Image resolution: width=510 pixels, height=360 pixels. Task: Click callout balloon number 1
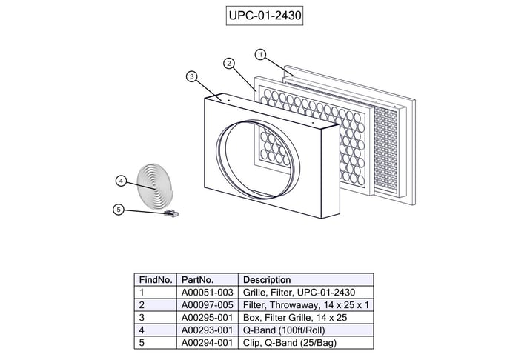260,54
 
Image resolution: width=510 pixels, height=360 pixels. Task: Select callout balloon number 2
229,64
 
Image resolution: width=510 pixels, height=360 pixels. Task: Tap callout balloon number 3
191,76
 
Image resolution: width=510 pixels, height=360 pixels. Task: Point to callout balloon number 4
122,181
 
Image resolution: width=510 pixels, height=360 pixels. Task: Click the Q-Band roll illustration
156,181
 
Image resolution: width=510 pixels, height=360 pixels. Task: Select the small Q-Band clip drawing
172,214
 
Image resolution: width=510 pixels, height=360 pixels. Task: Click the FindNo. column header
156,280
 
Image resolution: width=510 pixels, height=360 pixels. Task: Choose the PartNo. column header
198,280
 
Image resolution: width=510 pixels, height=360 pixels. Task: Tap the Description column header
267,280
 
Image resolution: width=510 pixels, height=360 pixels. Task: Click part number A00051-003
208,293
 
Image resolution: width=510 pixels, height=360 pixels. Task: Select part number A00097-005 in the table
208,305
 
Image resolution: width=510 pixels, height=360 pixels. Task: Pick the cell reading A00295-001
208,317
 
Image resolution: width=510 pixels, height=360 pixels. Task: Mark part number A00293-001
208,330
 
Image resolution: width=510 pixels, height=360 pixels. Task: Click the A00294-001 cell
208,342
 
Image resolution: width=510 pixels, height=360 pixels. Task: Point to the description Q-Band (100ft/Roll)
284,330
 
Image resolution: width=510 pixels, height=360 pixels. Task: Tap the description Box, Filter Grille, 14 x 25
295,317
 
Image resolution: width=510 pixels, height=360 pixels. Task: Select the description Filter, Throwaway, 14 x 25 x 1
306,305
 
